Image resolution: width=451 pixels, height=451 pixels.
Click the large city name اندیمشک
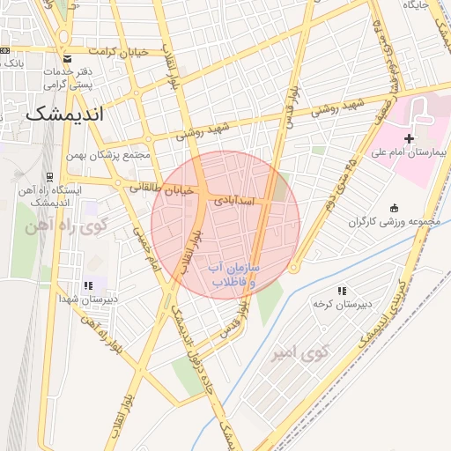click(x=64, y=115)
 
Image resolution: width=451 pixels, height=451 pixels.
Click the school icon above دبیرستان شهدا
click(x=87, y=286)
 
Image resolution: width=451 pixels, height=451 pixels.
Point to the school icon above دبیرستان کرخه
click(x=342, y=291)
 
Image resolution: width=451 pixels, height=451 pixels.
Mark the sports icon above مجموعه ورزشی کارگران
click(x=393, y=207)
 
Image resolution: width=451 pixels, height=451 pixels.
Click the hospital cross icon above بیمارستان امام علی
click(x=409, y=138)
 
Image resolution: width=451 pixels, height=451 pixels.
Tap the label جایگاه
click(x=416, y=5)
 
